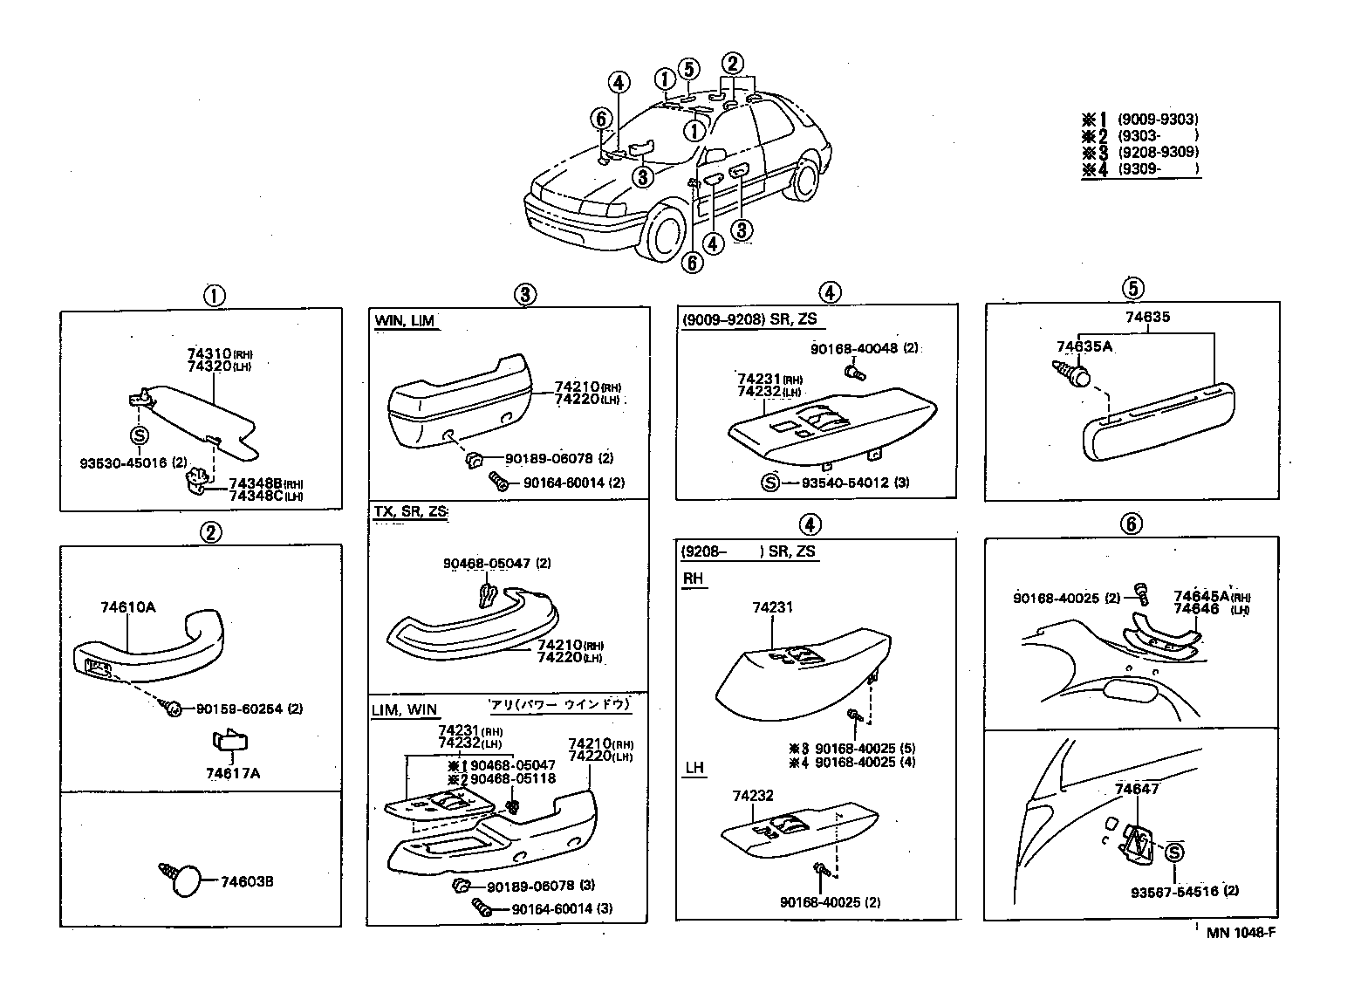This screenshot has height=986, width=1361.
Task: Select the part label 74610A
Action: [127, 607]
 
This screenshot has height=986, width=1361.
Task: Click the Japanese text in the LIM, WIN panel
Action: [558, 704]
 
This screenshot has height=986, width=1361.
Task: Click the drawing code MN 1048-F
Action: [1241, 932]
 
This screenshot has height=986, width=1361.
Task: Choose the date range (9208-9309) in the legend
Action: [1158, 152]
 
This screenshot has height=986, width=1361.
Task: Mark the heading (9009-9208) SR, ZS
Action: [749, 319]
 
